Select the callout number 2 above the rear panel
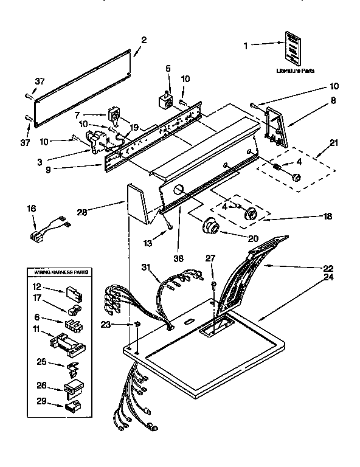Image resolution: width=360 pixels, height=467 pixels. point(144,41)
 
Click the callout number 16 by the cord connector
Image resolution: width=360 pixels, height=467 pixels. point(32,209)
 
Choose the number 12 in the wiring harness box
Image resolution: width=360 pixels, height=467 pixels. point(36,286)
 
